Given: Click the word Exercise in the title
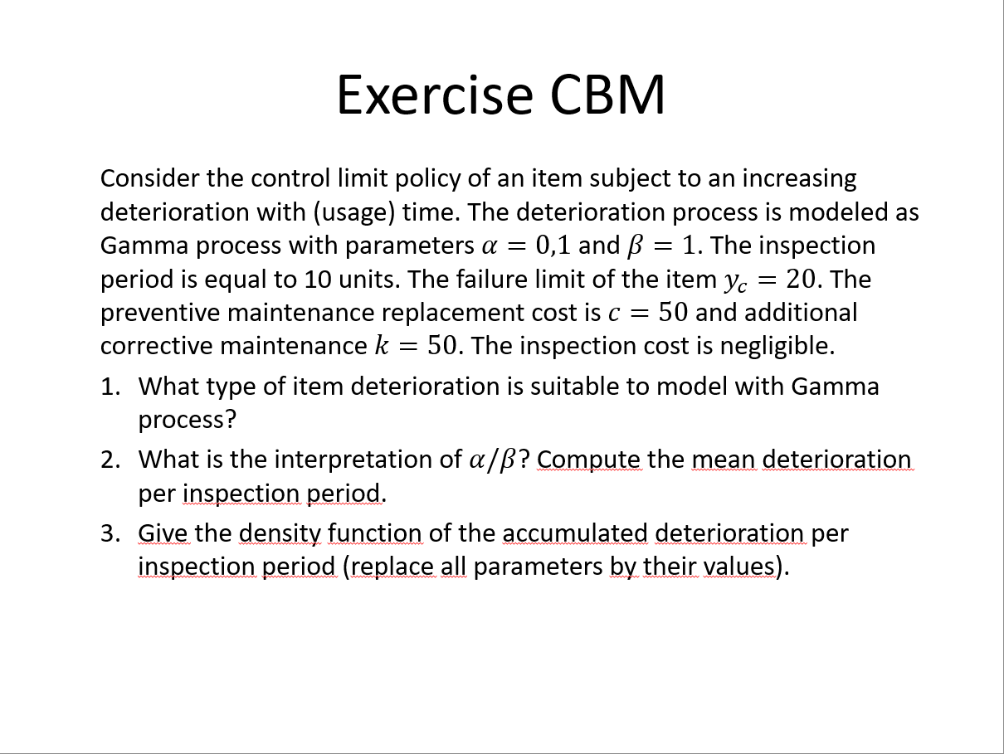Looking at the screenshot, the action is tap(435, 95).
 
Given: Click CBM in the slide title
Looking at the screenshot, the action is tap(607, 95).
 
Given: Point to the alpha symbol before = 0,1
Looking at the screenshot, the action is tap(489, 246).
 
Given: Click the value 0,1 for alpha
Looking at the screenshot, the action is tap(553, 246).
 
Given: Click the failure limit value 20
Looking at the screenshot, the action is tap(801, 279).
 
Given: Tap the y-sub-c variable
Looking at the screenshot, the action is tap(735, 282).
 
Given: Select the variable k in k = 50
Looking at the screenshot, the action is tap(382, 346).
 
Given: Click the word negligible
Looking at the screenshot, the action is tap(777, 347).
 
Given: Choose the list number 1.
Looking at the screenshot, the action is tap(110, 387).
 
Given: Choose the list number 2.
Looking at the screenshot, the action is tap(110, 460).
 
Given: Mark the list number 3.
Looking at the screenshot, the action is tap(110, 533).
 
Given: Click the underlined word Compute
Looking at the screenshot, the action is tap(589, 460).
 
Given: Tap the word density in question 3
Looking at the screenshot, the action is tap(280, 534).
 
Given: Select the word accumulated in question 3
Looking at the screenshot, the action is tap(575, 533).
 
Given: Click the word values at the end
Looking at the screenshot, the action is tap(738, 567).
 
